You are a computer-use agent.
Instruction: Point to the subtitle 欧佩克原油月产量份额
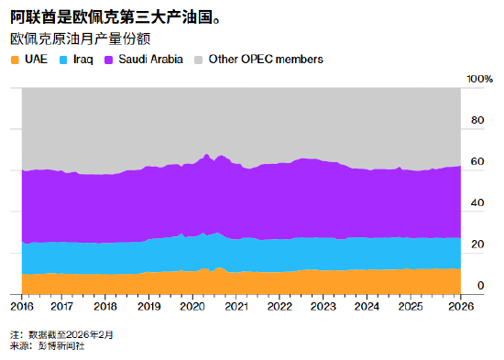click(81, 39)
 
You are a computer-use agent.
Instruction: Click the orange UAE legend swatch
click(16, 60)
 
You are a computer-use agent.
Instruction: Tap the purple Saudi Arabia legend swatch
click(109, 60)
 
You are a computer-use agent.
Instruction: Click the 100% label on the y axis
click(481, 80)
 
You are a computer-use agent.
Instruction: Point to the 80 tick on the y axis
click(477, 121)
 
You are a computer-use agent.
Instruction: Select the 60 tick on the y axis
click(477, 162)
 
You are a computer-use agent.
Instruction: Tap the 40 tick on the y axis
click(477, 203)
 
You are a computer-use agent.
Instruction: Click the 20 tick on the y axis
click(477, 245)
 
